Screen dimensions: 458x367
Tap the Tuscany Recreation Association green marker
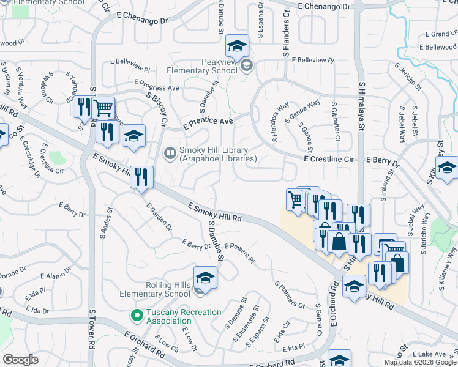[137, 316]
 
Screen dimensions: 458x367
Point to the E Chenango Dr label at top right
[324, 6]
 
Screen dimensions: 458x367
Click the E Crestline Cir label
[329, 159]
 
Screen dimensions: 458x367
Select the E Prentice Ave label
[208, 122]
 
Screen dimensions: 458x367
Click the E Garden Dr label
[159, 218]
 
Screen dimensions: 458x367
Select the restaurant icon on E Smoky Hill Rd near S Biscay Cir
[141, 177]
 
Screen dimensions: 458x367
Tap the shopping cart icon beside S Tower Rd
[103, 108]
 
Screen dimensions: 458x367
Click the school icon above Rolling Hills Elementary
[205, 277]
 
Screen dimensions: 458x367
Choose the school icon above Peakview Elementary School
[237, 45]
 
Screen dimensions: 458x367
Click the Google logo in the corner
[20, 360]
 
